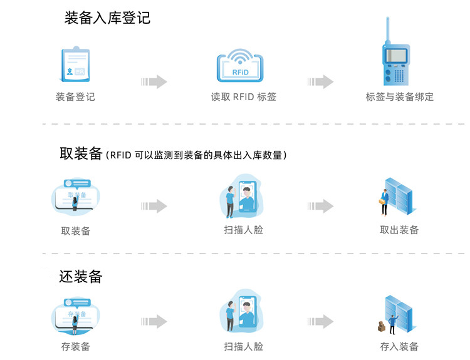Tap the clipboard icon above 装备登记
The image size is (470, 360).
pyautogui.click(x=75, y=65)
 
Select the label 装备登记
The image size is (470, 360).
pyautogui.click(x=75, y=97)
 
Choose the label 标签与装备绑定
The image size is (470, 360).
pyautogui.click(x=400, y=97)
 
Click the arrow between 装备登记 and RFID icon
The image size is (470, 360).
pyautogui.click(x=154, y=81)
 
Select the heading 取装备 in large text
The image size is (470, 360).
pyautogui.click(x=81, y=154)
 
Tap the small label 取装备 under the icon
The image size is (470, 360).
pyautogui.click(x=75, y=231)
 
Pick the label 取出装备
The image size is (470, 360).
pyautogui.click(x=399, y=230)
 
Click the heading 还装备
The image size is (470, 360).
pyautogui.click(x=81, y=276)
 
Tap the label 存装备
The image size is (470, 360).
pyautogui.click(x=75, y=346)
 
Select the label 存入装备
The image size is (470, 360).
pyautogui.click(x=399, y=346)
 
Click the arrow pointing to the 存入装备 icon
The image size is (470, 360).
pyautogui.click(x=320, y=322)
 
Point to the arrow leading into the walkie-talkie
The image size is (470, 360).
pyautogui.click(x=320, y=81)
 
